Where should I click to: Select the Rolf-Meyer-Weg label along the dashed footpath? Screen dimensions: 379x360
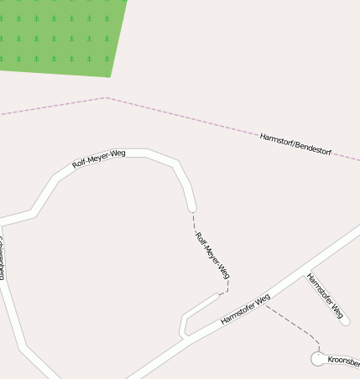pyautogui.click(x=212, y=254)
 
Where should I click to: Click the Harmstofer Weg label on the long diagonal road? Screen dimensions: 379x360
pyautogui.click(x=245, y=309)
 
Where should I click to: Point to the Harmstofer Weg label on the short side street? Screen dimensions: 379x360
pyautogui.click(x=326, y=298)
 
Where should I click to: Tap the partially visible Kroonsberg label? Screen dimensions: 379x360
pyautogui.click(x=343, y=361)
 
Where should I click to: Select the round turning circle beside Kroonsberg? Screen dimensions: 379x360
pyautogui.click(x=318, y=359)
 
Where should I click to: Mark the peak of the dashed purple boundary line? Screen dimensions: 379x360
pyautogui.click(x=106, y=98)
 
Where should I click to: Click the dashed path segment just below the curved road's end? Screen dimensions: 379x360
pyautogui.click(x=194, y=220)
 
